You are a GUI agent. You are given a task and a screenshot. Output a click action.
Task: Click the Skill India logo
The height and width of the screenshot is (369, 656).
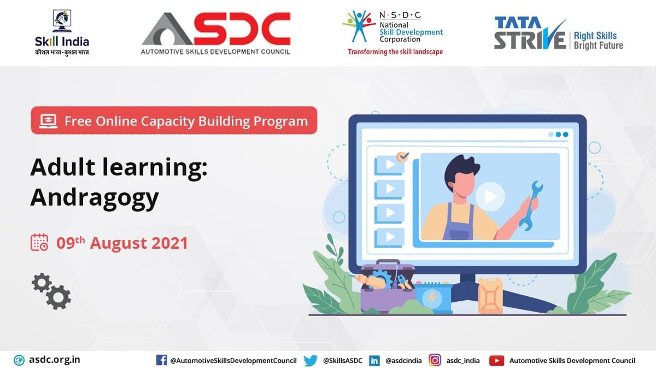coord(62,33)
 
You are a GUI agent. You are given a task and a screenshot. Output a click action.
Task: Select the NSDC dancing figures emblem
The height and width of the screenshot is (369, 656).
coord(359,26)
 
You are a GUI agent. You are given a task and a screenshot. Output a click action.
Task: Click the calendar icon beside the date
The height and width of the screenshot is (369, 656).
coord(39,242)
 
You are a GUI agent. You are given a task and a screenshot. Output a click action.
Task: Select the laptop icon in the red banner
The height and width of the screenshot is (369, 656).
coord(48,121)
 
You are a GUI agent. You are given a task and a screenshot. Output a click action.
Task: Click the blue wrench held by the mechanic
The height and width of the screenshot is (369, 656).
coord(531,205)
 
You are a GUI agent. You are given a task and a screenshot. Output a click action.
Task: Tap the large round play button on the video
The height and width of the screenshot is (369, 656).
coord(490,196)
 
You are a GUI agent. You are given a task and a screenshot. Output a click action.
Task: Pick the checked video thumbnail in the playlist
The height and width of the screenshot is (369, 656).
coord(389,165)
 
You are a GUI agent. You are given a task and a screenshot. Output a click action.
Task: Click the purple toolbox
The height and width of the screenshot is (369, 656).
coord(387,287)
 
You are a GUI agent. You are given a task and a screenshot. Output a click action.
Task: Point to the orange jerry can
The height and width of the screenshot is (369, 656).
coord(490,296)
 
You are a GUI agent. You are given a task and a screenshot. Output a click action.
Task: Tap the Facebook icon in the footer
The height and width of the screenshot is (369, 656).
coord(161,360)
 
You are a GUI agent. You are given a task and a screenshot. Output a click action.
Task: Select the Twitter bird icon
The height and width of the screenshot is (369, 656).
coord(311,360)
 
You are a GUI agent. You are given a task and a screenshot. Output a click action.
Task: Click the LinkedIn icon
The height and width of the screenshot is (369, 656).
coord(374,360)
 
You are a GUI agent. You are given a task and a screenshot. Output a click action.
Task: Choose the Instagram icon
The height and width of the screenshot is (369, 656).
coord(435,360)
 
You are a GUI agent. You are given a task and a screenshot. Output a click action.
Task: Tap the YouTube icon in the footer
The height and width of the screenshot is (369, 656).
coord(497,360)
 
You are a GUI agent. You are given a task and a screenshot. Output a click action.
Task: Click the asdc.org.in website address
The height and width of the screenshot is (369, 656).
coord(55,360)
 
